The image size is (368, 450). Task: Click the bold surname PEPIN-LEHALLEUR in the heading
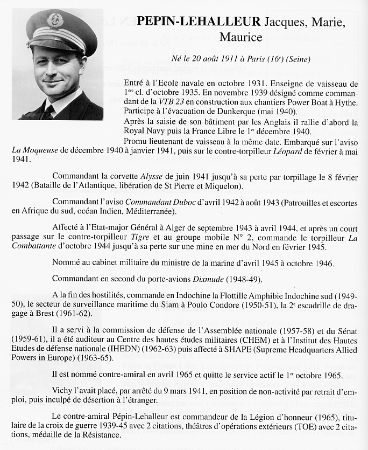pyautogui.click(x=199, y=22)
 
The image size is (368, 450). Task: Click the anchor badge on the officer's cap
pyautogui.click(x=55, y=20)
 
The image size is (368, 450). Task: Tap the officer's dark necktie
pyautogui.click(x=48, y=113)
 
